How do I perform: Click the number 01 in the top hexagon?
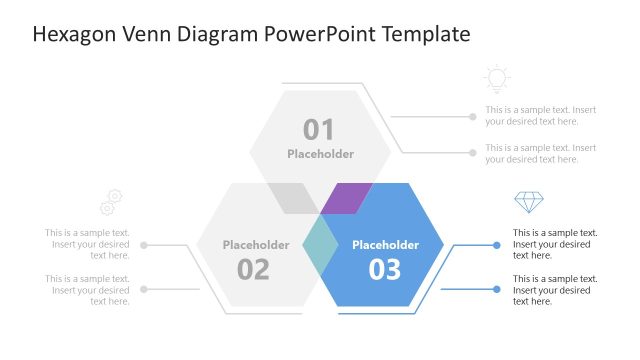tap(319, 129)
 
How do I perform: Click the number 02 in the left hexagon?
tap(253, 269)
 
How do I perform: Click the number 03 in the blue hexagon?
tap(385, 269)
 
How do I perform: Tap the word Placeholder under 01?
tap(320, 154)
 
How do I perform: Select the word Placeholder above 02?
tap(256, 245)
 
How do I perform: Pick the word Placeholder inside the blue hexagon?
tap(385, 245)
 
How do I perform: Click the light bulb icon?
tap(495, 79)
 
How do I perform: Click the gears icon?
tap(111, 202)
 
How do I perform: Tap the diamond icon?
tap(527, 203)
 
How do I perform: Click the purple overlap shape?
tap(346, 197)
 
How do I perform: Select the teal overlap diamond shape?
tap(320, 245)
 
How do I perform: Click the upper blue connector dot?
tap(497, 244)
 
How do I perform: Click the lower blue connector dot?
tap(497, 289)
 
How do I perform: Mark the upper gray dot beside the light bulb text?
tap(473, 116)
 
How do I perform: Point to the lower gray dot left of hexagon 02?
tap(144, 289)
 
